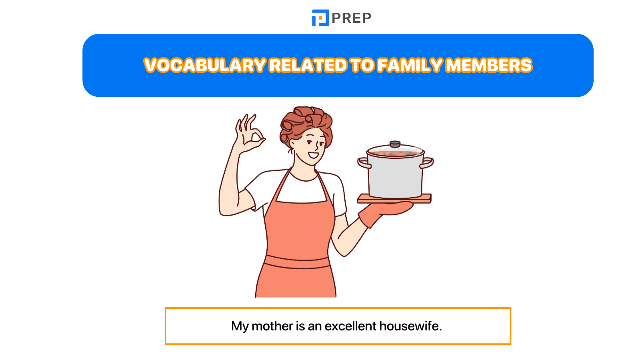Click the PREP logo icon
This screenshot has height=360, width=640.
click(320, 18)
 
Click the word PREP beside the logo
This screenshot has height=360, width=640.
click(351, 18)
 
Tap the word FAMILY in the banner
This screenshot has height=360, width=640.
click(410, 66)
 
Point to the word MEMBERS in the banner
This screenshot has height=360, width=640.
click(488, 66)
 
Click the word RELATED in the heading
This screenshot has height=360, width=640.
click(308, 66)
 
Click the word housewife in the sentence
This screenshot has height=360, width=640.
click(410, 326)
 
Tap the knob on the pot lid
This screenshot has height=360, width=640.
click(395, 144)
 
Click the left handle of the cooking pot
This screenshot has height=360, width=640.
click(364, 163)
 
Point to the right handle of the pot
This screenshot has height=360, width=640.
click(427, 163)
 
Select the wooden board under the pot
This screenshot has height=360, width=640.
click(394, 198)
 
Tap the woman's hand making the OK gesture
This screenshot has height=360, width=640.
click(250, 134)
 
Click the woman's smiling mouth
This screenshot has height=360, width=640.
click(313, 155)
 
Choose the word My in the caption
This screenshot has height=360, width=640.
click(240, 326)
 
